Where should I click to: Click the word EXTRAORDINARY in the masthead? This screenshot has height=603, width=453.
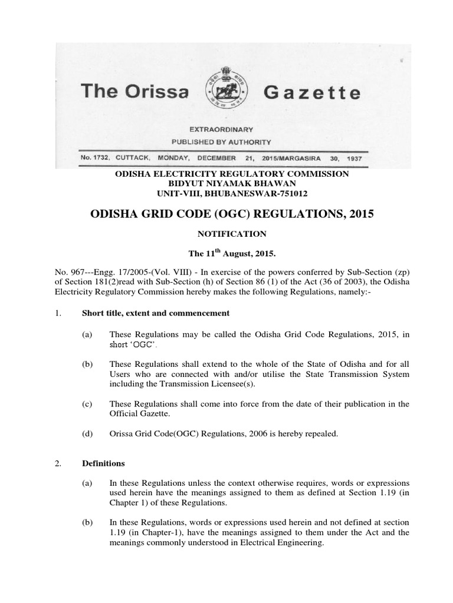(221, 129)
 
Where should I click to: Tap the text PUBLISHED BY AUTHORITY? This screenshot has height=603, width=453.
(221, 142)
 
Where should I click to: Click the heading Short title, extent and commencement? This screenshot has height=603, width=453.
(155, 313)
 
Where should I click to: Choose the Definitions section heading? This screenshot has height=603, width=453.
(103, 463)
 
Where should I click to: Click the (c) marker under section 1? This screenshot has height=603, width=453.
(87, 404)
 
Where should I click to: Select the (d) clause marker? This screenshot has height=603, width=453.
(87, 434)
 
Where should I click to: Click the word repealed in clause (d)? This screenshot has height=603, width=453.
(322, 434)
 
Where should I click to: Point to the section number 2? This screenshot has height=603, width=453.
(57, 463)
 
